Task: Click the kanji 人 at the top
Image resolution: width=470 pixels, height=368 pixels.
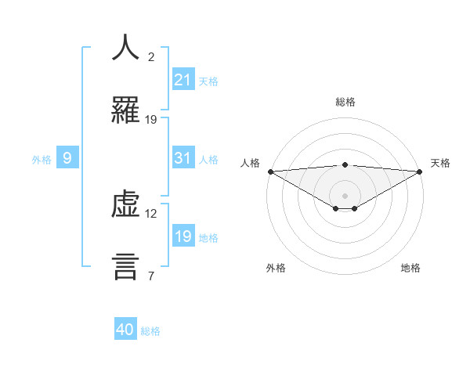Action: pyautogui.click(x=125, y=48)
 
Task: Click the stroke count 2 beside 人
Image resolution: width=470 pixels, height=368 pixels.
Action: pyautogui.click(x=151, y=56)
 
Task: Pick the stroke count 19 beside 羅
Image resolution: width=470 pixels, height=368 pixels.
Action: pyautogui.click(x=151, y=119)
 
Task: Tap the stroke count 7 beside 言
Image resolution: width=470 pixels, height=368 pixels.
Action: pyautogui.click(x=151, y=276)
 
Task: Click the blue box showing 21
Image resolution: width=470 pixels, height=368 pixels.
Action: pyautogui.click(x=183, y=80)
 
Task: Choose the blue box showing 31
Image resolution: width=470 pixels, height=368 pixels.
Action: pyautogui.click(x=183, y=158)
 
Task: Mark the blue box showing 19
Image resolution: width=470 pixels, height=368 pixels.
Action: pyautogui.click(x=183, y=236)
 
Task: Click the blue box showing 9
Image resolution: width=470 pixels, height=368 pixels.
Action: pyautogui.click(x=67, y=158)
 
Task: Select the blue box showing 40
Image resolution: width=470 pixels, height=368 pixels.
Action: pyautogui.click(x=125, y=330)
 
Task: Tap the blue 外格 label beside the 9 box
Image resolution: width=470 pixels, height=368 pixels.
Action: pyautogui.click(x=42, y=159)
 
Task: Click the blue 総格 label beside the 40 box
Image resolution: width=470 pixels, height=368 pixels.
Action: pyautogui.click(x=150, y=331)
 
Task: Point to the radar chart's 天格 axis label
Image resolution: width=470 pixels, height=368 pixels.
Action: pyautogui.click(x=440, y=163)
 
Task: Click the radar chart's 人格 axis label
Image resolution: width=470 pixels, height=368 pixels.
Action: pyautogui.click(x=250, y=163)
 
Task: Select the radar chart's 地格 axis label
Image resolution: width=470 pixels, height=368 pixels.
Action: pyautogui.click(x=410, y=268)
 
